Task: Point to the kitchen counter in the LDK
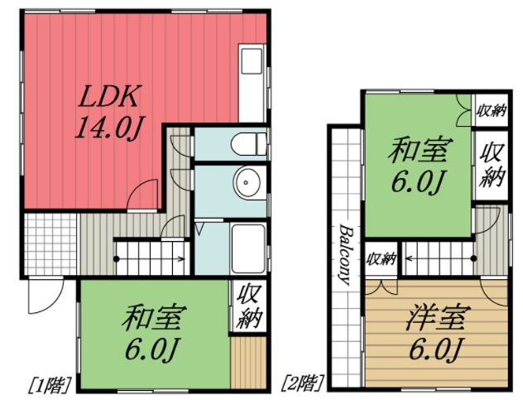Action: pyautogui.click(x=251, y=83)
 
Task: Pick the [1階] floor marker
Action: pyautogui.click(x=50, y=383)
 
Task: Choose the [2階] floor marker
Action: pyautogui.click(x=303, y=383)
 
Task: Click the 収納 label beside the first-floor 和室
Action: pyautogui.click(x=247, y=306)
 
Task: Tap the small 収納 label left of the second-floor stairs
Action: pyautogui.click(x=380, y=259)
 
